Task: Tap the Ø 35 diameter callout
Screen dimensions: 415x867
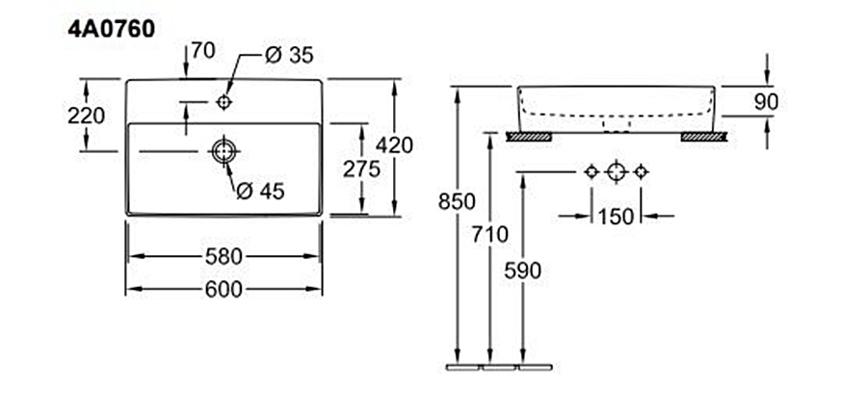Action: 288,55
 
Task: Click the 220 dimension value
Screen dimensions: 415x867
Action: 88,116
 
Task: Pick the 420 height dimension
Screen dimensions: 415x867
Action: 395,145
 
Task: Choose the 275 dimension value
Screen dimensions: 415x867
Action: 362,168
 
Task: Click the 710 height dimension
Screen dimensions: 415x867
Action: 491,233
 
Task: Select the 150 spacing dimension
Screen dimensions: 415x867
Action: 616,216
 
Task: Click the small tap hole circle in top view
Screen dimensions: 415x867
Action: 224,100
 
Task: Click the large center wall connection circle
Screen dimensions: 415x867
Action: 617,171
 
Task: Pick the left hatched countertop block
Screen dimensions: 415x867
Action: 529,137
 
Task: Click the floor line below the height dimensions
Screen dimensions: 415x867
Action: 502,368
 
